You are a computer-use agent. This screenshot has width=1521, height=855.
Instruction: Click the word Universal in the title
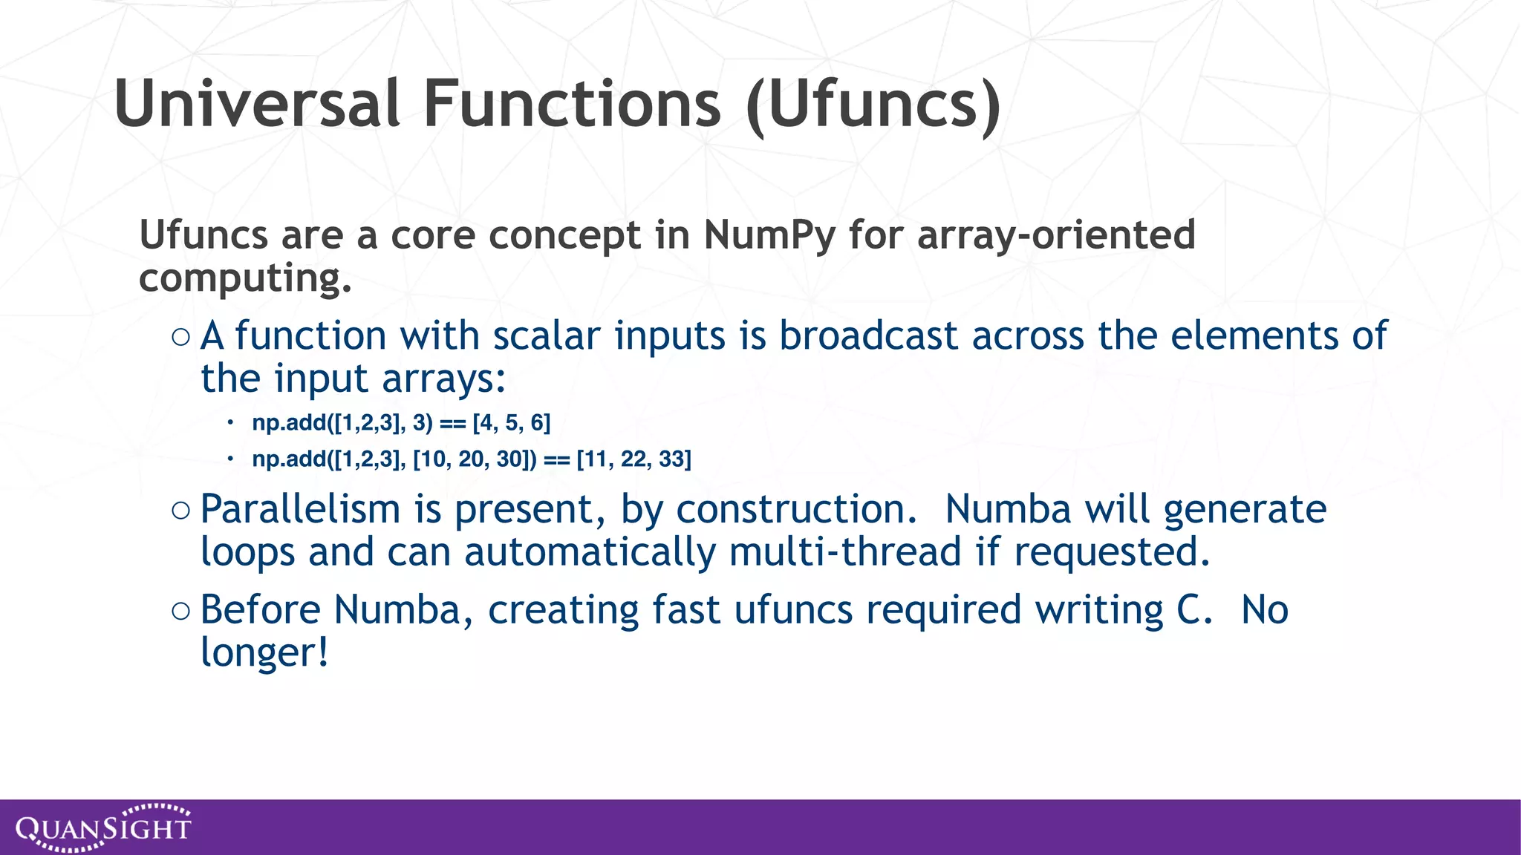point(258,104)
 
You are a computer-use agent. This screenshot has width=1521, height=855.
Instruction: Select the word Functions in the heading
point(572,104)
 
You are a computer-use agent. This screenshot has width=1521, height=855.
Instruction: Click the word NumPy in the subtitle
point(769,236)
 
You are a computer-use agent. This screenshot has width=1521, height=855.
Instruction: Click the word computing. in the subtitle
point(245,279)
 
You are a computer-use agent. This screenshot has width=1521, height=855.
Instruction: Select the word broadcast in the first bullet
point(868,335)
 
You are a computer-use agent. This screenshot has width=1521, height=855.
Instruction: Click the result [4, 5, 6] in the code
point(512,423)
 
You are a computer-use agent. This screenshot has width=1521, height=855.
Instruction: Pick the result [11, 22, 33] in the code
point(634,459)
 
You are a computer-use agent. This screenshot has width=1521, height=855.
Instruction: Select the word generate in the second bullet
point(1245,510)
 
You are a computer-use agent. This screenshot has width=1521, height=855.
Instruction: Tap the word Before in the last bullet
point(260,610)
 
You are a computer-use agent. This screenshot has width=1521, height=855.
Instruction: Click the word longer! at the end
point(264,653)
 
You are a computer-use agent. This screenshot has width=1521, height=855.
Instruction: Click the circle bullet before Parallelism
point(180,511)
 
